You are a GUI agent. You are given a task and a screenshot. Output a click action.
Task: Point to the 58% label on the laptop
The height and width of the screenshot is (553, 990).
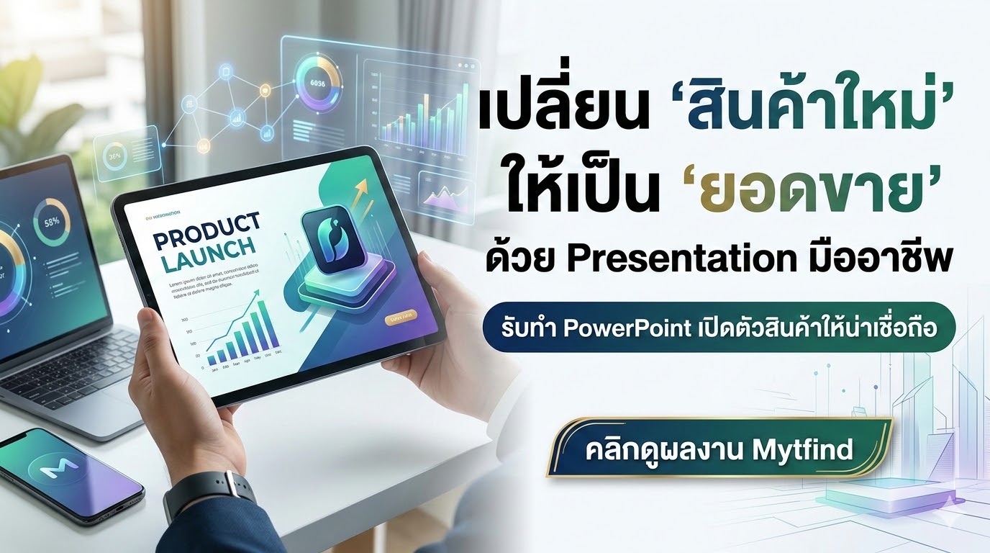tap(52, 221)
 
